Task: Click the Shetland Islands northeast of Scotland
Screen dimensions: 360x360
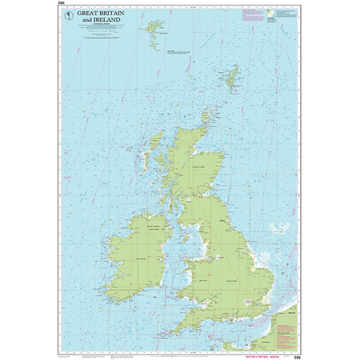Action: coord(232,77)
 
